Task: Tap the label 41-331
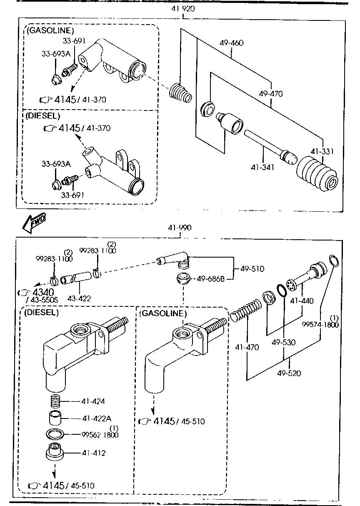[x=322, y=152]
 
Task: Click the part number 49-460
[x=232, y=43]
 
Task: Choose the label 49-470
[x=270, y=94]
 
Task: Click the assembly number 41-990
[x=180, y=228]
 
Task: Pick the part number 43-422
[x=79, y=298]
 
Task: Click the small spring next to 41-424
[x=55, y=402]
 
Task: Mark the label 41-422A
[x=97, y=418]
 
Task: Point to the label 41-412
[x=94, y=453]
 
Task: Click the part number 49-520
[x=288, y=373]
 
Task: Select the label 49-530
[x=283, y=342]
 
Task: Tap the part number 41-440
[x=302, y=300]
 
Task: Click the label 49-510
[x=252, y=269]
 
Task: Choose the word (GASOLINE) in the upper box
[x=50, y=30]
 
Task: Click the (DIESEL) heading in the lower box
[x=42, y=312]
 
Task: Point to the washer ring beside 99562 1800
[x=55, y=434]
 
